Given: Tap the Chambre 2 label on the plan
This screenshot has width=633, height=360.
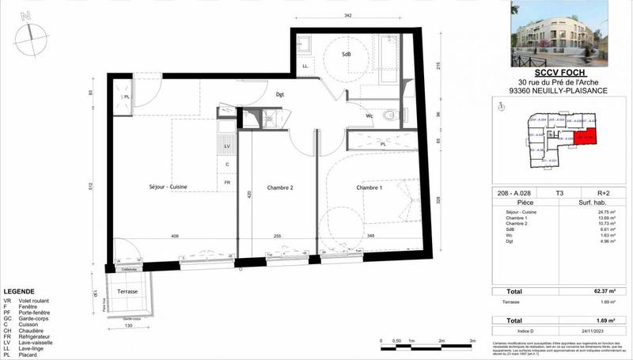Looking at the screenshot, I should pos(280,188).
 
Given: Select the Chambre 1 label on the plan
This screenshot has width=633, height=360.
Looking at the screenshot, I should pos(369,188).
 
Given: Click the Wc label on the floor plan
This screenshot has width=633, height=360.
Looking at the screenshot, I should pos(370,116).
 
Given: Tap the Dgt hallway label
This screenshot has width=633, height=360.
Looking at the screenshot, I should pos(279,95).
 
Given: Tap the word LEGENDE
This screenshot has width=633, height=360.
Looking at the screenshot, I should pos(21,291).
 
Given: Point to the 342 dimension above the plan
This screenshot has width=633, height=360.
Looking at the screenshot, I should pos(345,16).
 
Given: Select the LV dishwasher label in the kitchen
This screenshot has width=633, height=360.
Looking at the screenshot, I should pos(227,147).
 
